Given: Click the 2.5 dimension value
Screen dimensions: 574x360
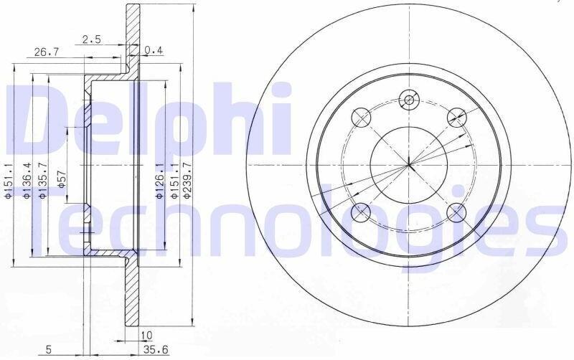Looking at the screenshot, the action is [92, 39].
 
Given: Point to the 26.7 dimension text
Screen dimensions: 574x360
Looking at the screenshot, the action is [46, 52].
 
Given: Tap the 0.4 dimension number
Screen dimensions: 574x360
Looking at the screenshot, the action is [154, 50].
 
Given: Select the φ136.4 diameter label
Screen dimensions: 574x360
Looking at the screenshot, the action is [27, 181].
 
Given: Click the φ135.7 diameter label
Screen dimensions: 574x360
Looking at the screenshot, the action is [42, 181].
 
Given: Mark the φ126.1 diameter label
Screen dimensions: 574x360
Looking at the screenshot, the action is [159, 181].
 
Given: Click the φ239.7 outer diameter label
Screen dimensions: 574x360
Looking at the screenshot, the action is [188, 181].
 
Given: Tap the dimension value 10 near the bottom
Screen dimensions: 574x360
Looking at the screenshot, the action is [146, 335].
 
